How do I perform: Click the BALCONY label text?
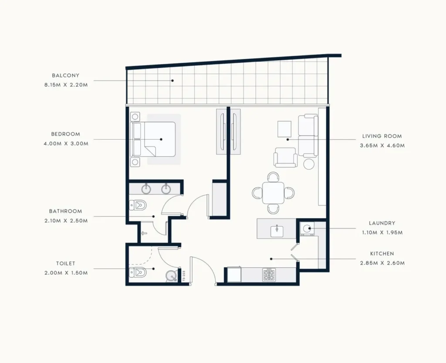65,76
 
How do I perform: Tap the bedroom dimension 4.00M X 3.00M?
66,144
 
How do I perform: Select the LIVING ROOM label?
382,136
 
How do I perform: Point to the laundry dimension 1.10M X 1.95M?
382,232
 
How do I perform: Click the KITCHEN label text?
382,254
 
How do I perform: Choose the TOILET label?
66,263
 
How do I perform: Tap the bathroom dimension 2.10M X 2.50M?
66,221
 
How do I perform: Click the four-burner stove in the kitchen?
269,275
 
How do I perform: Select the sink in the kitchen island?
277,231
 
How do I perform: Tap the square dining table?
273,193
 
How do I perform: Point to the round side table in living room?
309,164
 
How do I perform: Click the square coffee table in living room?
284,129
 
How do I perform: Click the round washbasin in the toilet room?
172,276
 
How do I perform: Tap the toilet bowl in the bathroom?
138,205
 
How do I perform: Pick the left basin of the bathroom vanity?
146,188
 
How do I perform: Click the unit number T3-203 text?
184,276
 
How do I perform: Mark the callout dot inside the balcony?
172,81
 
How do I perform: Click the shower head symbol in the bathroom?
144,233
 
